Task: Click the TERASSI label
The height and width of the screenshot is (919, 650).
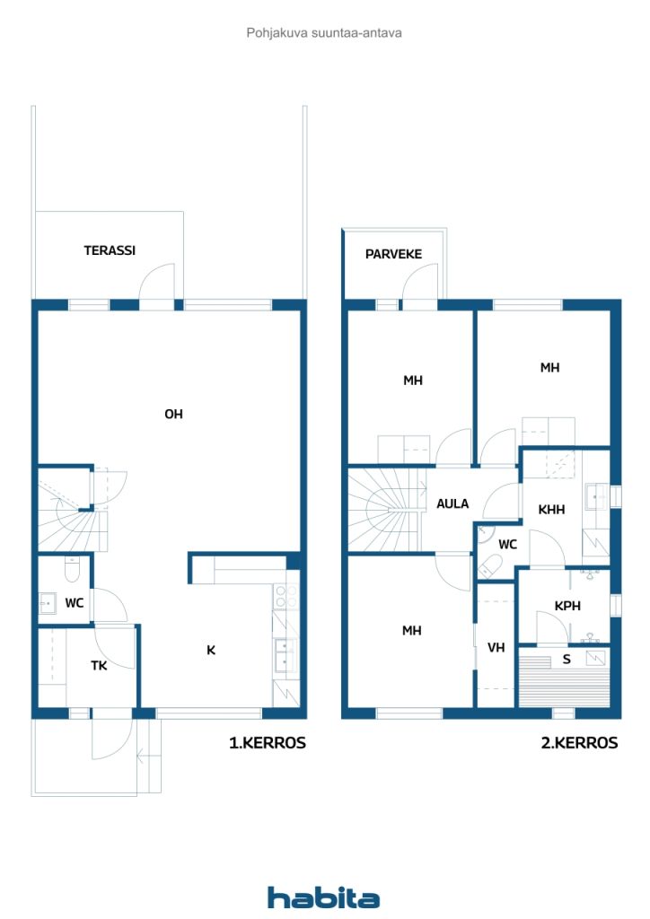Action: pyautogui.click(x=110, y=250)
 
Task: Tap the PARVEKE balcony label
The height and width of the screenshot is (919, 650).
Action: pyautogui.click(x=393, y=254)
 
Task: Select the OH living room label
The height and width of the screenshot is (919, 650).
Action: pyautogui.click(x=173, y=415)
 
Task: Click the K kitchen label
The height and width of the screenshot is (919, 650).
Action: pyautogui.click(x=211, y=650)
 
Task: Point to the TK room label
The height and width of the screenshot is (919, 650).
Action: pyautogui.click(x=99, y=665)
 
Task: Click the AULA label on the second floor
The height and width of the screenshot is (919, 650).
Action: pyautogui.click(x=452, y=503)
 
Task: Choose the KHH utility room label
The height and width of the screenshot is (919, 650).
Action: pyautogui.click(x=551, y=510)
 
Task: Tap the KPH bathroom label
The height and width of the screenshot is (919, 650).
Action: pyautogui.click(x=567, y=606)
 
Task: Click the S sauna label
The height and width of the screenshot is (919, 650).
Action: pyautogui.click(x=567, y=660)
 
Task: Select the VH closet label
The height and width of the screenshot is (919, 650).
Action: pyautogui.click(x=496, y=648)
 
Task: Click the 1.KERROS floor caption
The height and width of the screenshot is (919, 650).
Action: pyautogui.click(x=268, y=742)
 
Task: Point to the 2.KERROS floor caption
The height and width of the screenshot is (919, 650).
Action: pyautogui.click(x=579, y=742)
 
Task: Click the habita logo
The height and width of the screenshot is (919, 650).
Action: pyautogui.click(x=323, y=897)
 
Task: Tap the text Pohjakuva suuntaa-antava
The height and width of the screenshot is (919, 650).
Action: pyautogui.click(x=324, y=33)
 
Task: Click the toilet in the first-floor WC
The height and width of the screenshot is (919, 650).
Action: pyautogui.click(x=72, y=569)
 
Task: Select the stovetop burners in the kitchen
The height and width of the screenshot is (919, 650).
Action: pyautogui.click(x=286, y=597)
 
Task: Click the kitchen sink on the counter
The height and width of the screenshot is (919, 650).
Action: pyautogui.click(x=286, y=655)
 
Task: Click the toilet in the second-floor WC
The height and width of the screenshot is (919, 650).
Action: pyautogui.click(x=490, y=565)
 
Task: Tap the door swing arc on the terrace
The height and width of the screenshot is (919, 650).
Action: pyautogui.click(x=156, y=283)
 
